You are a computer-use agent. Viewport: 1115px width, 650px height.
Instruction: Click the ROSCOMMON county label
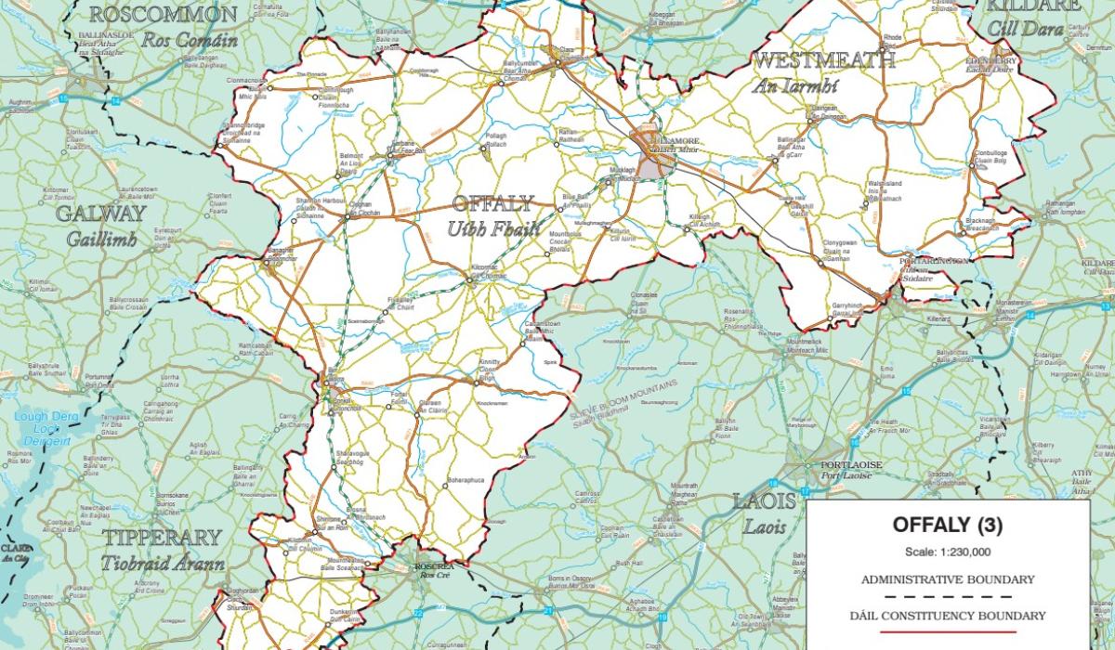pos(164,16)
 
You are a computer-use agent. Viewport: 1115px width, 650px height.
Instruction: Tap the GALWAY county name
pos(101,214)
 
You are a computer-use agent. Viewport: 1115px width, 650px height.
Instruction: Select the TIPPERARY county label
pos(163,538)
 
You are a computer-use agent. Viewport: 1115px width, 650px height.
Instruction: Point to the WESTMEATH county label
pos(824,61)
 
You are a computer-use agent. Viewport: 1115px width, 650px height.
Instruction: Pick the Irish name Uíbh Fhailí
pos(493,227)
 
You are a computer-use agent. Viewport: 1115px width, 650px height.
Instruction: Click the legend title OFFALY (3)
pos(947,525)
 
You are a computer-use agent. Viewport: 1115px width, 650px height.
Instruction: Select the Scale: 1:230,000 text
pos(947,552)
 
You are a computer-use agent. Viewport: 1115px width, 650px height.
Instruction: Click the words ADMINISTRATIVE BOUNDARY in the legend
pos(947,579)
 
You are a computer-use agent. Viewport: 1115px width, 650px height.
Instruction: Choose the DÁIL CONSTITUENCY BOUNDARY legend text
pos(947,616)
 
